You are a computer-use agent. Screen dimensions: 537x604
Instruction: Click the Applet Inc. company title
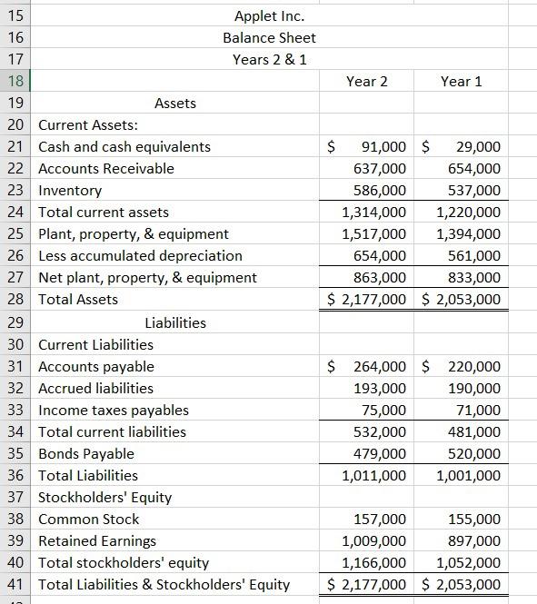click(x=269, y=16)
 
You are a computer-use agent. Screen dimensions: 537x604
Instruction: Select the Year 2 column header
click(x=366, y=82)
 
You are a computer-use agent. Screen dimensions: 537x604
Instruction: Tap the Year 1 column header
click(x=461, y=82)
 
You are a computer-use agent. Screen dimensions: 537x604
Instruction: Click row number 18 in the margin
click(x=15, y=82)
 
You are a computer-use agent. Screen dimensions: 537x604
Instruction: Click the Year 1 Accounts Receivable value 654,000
click(x=474, y=169)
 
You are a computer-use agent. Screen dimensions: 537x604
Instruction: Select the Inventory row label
click(x=70, y=191)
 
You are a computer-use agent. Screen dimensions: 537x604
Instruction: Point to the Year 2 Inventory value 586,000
click(x=380, y=191)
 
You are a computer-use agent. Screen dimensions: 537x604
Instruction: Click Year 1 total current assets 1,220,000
click(x=468, y=213)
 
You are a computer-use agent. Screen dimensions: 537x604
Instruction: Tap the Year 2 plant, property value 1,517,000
click(x=373, y=234)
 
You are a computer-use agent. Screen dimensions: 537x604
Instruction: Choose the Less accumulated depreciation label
click(x=140, y=256)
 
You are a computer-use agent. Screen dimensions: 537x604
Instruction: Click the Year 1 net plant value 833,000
click(x=474, y=278)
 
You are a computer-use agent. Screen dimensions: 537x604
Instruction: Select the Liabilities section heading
click(x=175, y=322)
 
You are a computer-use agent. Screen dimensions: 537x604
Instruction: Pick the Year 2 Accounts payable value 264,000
click(x=380, y=367)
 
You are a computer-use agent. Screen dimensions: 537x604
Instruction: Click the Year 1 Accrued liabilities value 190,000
click(x=474, y=389)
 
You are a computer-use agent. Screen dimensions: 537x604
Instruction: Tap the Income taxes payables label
click(x=114, y=411)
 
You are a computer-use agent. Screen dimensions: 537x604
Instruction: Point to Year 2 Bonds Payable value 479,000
click(x=380, y=454)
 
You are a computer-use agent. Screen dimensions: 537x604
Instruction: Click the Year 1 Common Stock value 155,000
click(x=474, y=520)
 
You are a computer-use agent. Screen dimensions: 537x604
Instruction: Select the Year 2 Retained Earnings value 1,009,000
click(x=373, y=541)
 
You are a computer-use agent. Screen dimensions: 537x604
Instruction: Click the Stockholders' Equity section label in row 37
click(x=104, y=498)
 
